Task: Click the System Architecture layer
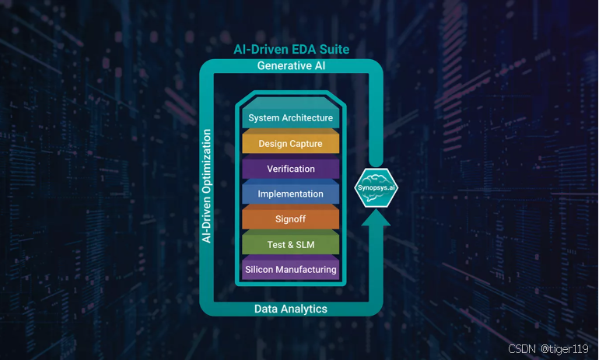coord(290,118)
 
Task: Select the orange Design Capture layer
coord(290,144)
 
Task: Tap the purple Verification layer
coord(290,169)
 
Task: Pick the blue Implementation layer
coord(290,194)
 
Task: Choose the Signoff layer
coord(290,219)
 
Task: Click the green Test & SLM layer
coord(290,244)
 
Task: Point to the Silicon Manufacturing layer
coord(290,270)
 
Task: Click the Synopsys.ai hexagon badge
coord(377,187)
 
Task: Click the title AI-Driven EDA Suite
coord(292,50)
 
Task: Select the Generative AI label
coord(292,66)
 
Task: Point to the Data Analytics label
coord(291,309)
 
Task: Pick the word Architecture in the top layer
coord(309,118)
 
